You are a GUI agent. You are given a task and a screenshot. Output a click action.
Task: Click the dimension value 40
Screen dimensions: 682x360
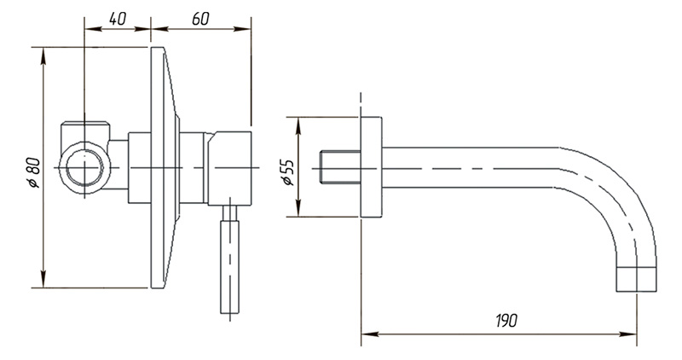coord(117,18)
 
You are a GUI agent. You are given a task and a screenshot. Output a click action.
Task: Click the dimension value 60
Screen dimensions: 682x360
coord(200,18)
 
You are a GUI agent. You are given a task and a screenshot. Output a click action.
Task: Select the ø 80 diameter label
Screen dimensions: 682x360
coord(33,172)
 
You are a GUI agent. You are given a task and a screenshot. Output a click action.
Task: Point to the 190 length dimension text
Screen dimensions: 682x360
coord(506,321)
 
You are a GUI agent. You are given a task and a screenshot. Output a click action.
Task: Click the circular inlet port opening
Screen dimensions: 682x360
coord(84,167)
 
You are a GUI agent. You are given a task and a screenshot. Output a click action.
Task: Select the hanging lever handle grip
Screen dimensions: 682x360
coord(229,266)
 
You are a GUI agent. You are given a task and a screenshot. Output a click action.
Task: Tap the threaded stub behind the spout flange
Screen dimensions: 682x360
coord(340,167)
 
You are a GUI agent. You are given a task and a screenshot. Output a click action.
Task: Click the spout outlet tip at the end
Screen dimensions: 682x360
coord(636,280)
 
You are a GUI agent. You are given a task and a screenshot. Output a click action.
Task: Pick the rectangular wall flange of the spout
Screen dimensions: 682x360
coord(371,167)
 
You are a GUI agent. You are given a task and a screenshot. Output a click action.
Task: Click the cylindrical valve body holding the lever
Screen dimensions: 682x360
coord(229,168)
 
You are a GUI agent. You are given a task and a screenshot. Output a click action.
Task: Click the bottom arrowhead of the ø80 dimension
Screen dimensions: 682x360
coord(43,279)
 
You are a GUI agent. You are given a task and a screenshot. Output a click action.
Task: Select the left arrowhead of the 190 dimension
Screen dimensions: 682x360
coord(370,334)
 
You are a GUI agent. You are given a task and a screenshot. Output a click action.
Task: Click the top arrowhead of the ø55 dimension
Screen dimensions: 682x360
coord(298,125)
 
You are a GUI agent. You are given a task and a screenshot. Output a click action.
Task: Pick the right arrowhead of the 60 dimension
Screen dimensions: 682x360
coord(242,29)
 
